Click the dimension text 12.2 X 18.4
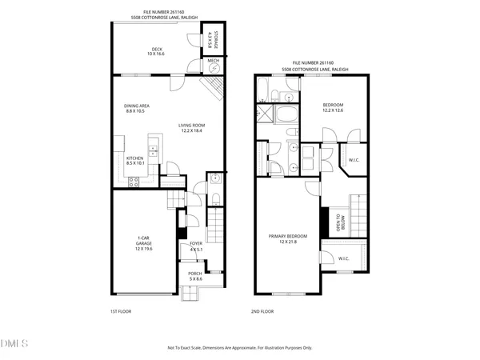pyautogui.click(x=192, y=130)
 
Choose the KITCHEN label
pyautogui.click(x=134, y=158)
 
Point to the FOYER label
pyautogui.click(x=194, y=245)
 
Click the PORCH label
pyautogui.click(x=194, y=274)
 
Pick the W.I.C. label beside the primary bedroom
pyautogui.click(x=343, y=258)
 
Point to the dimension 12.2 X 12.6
pyautogui.click(x=333, y=111)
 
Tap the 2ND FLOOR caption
pyautogui.click(x=262, y=311)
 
